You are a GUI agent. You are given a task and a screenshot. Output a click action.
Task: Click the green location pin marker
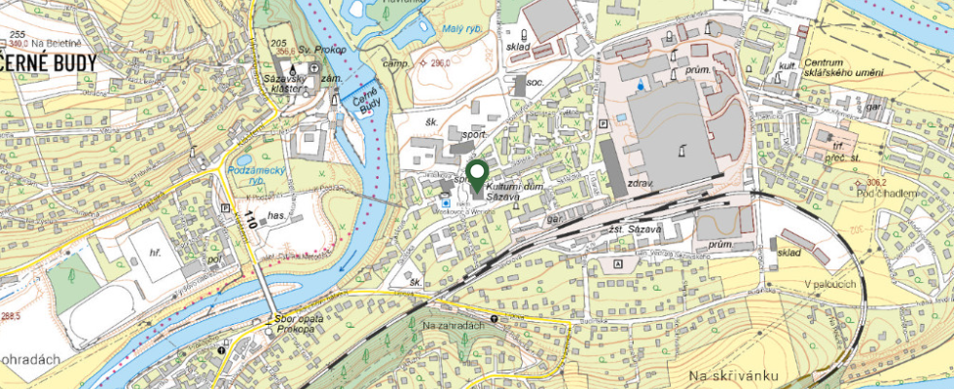[x=476, y=176]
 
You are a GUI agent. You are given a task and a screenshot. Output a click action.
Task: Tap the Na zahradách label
[x=454, y=324]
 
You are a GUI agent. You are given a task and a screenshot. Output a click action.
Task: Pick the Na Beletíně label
[x=47, y=43]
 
